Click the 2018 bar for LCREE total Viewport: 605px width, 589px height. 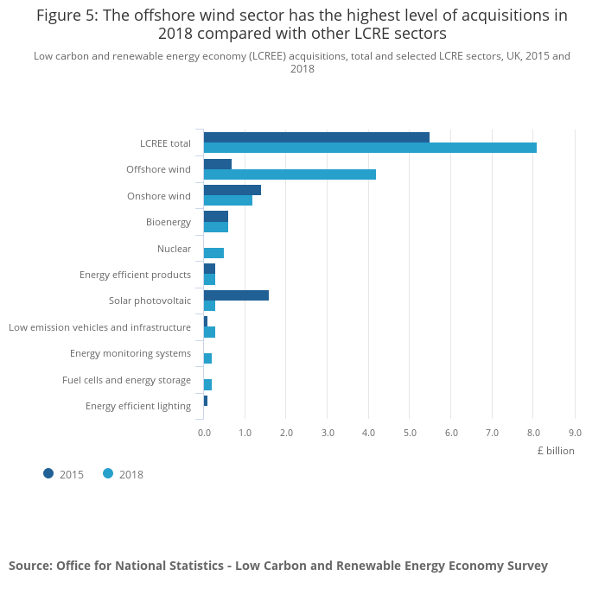[370, 148]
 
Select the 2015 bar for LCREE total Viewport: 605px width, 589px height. [316, 137]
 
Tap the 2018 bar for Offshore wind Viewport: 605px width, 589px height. [290, 174]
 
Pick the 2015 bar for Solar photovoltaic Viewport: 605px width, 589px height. [236, 295]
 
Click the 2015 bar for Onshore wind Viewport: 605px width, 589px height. [232, 190]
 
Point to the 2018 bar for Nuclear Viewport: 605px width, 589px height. [213, 253]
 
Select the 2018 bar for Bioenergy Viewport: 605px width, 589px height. [216, 227]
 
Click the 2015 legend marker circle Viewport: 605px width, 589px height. [48, 473]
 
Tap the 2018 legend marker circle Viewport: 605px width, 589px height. [108, 473]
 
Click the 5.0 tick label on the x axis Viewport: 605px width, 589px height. [410, 433]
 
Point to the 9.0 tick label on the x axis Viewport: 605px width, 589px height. [575, 433]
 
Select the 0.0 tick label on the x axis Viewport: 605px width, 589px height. [204, 433]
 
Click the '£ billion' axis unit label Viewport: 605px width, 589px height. [555, 451]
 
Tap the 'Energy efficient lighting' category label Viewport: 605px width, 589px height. [138, 406]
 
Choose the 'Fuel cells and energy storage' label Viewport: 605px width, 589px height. [126, 380]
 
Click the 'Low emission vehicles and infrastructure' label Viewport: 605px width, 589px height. [99, 327]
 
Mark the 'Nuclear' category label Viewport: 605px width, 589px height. [174, 249]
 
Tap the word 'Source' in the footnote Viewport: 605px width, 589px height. [29, 566]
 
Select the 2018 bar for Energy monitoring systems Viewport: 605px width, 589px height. [207, 358]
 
